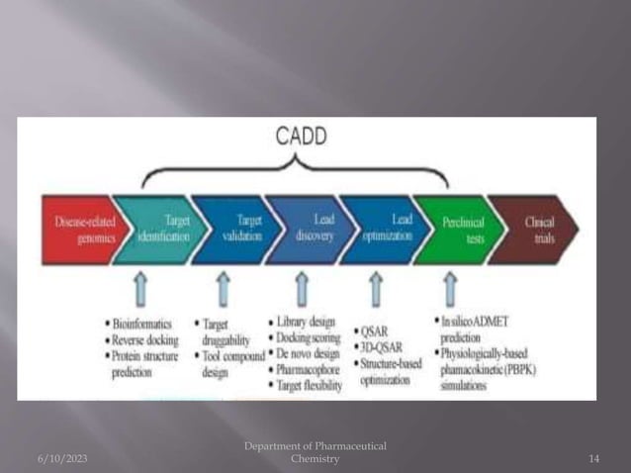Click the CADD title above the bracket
300,139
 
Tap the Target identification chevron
161,231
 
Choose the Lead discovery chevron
309,231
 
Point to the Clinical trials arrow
535,231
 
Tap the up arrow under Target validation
224,291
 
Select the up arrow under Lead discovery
301,291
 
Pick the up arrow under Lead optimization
376,291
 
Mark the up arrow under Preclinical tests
450,291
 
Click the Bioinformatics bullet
140,324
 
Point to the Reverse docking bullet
143,340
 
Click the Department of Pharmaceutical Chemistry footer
315,453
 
